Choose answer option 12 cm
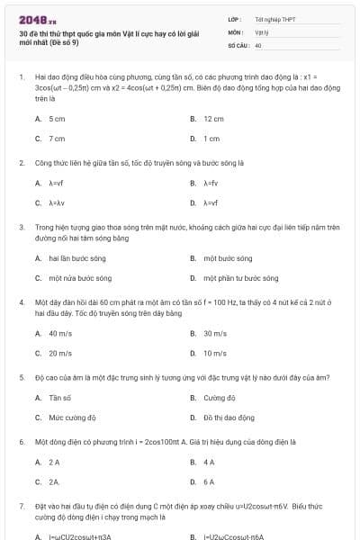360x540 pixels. (213, 119)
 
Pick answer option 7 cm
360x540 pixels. (57, 139)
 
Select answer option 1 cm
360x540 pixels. (211, 139)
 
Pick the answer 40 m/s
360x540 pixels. (60, 333)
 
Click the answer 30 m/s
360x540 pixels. (214, 333)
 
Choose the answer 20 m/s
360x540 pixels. (60, 353)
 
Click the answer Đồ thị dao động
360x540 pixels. (224, 417)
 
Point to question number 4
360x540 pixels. (21, 303)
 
